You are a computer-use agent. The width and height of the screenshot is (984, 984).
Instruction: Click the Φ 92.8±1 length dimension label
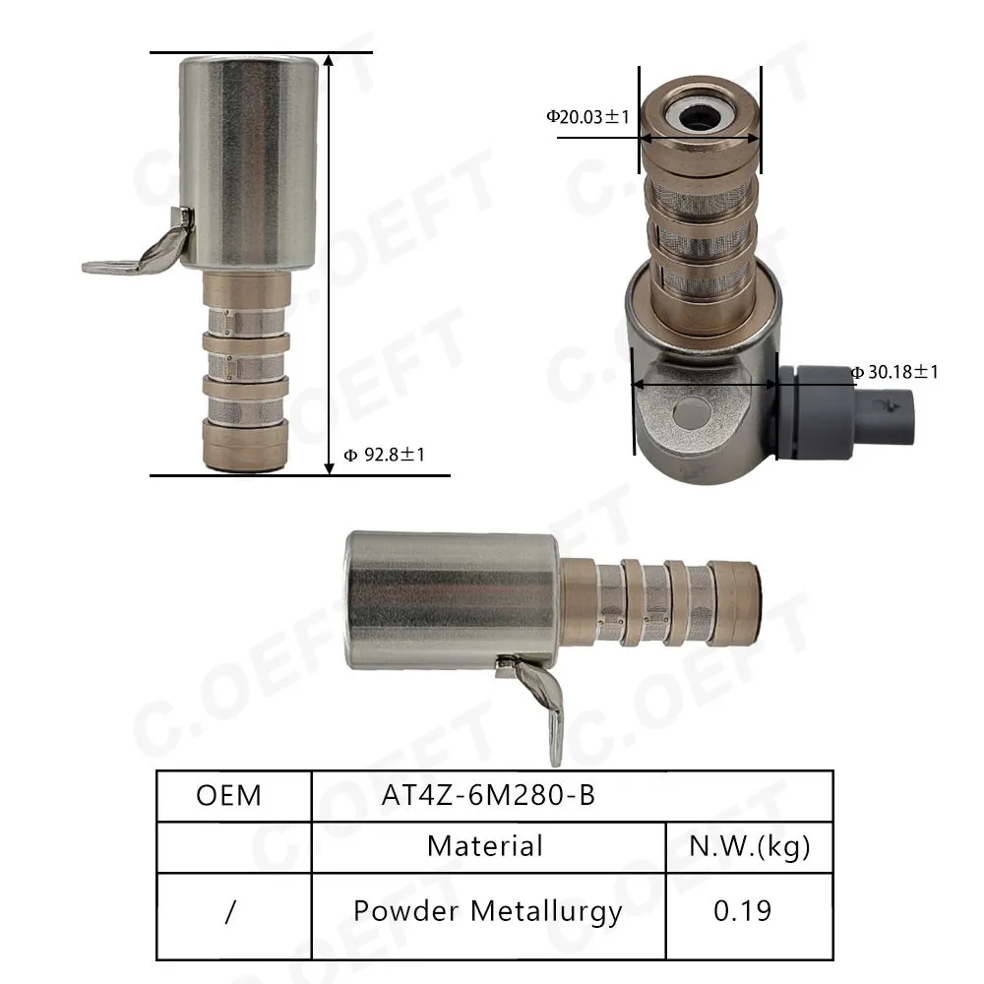point(385,455)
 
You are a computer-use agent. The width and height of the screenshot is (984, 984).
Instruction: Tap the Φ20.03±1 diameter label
point(588,117)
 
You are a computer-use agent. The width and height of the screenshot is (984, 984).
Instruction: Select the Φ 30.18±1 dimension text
point(894,372)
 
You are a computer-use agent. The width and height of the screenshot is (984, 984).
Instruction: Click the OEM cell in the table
point(228,795)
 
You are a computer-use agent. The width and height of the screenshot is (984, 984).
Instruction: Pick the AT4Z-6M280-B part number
point(488,795)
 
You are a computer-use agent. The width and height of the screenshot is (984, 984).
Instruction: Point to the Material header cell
point(485,846)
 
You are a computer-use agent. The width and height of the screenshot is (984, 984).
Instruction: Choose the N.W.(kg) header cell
point(749,846)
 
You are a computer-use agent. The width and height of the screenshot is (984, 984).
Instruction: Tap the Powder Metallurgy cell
point(488,911)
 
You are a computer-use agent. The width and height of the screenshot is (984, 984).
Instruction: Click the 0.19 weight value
point(742,910)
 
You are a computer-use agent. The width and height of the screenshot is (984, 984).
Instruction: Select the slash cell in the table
point(230,912)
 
